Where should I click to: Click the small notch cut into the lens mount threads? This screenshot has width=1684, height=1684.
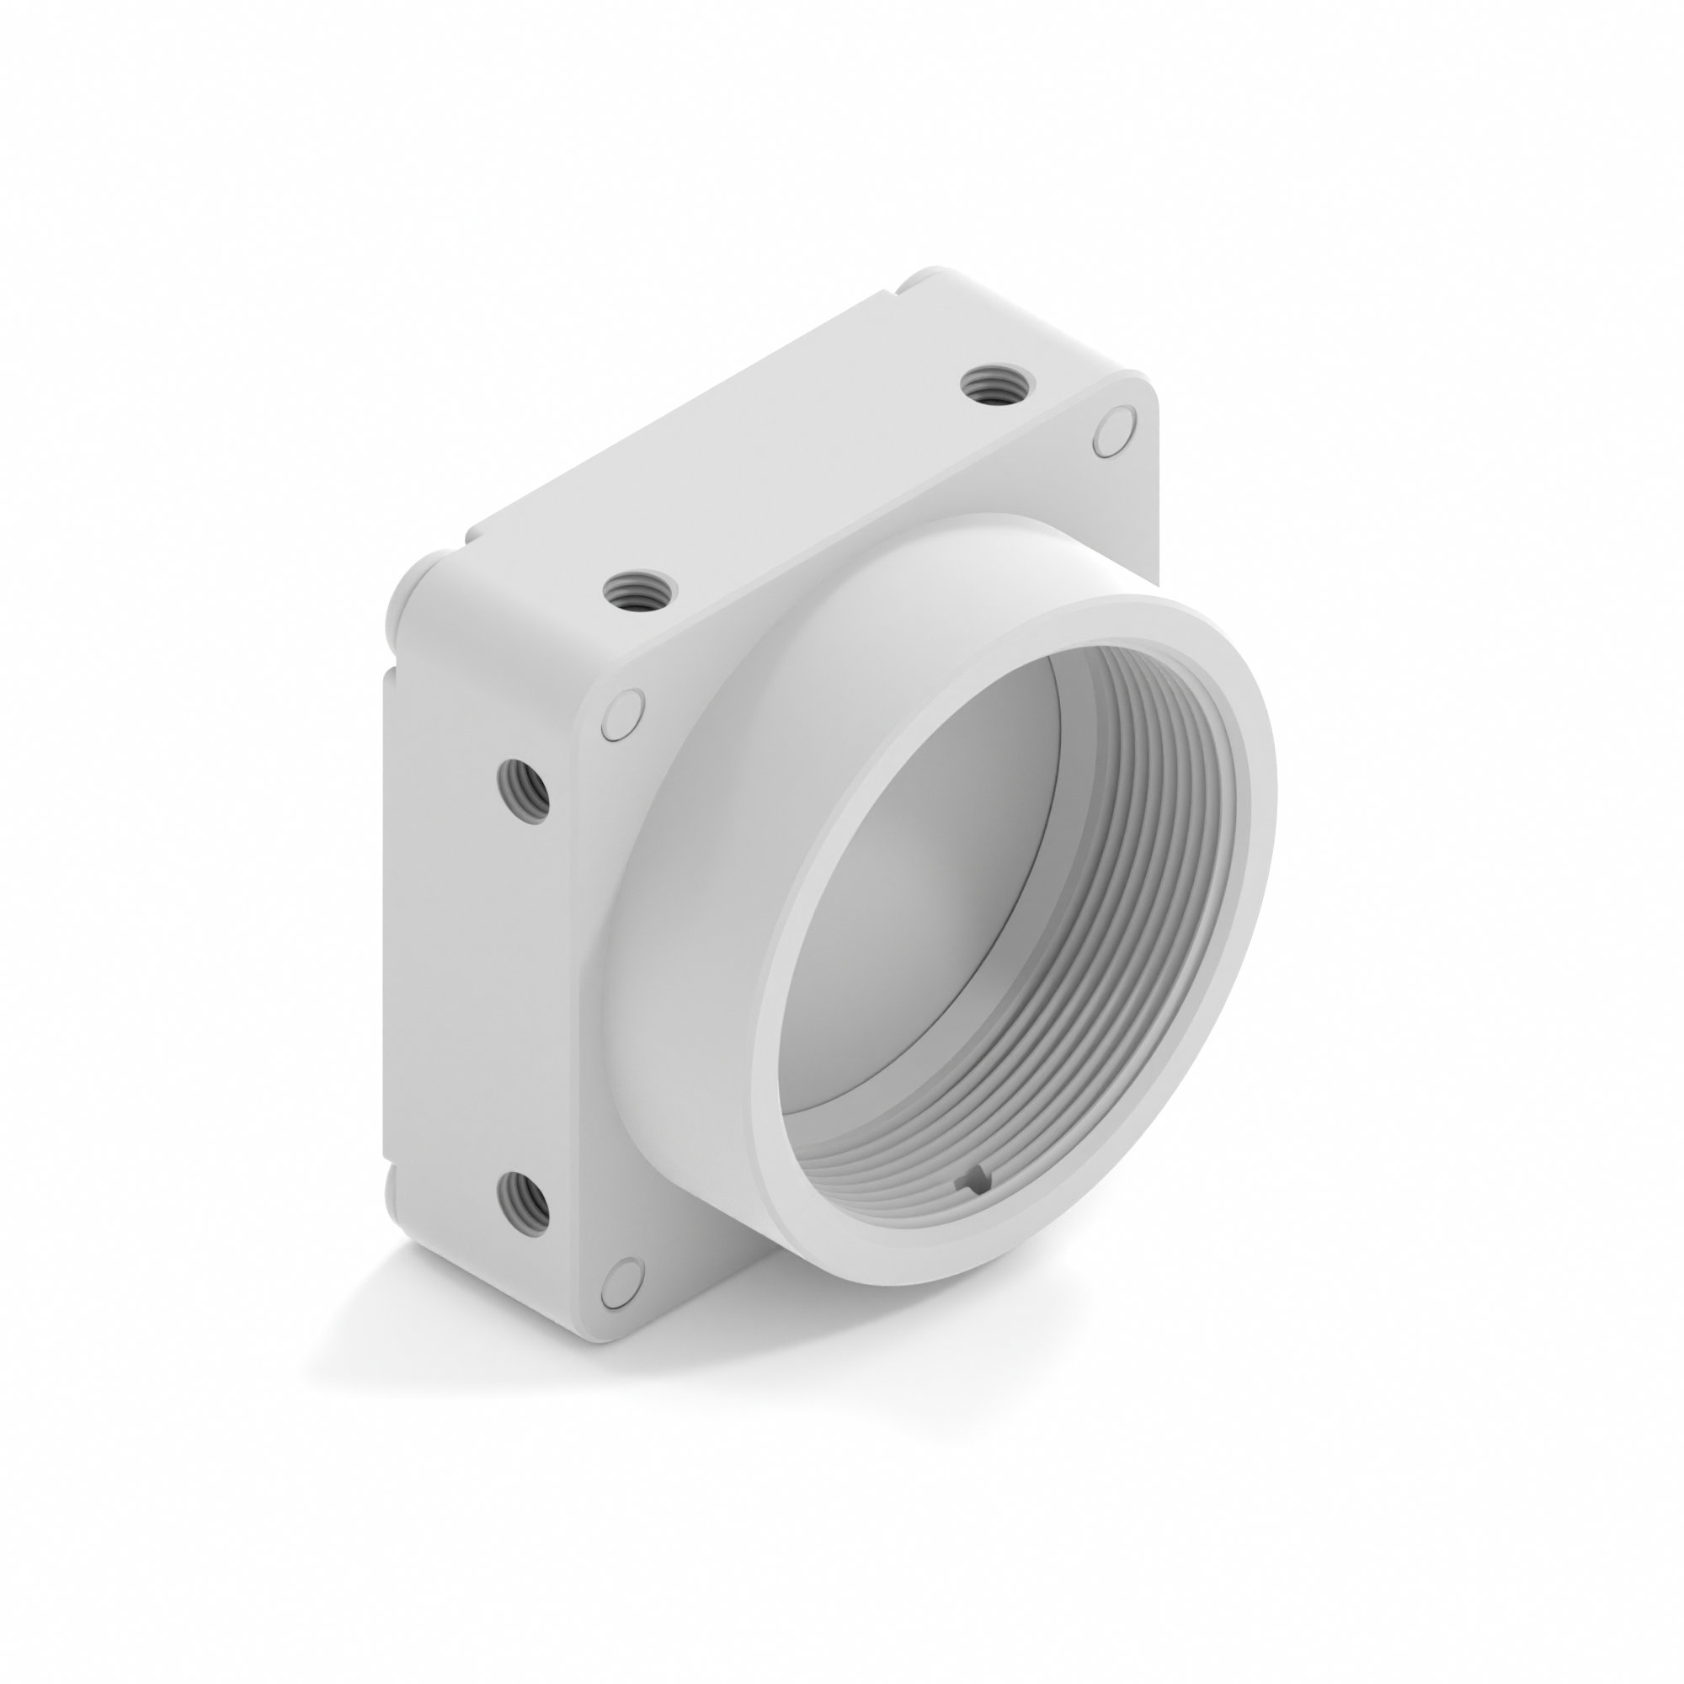(x=973, y=1180)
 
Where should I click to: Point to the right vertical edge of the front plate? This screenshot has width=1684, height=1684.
(x=1158, y=505)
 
